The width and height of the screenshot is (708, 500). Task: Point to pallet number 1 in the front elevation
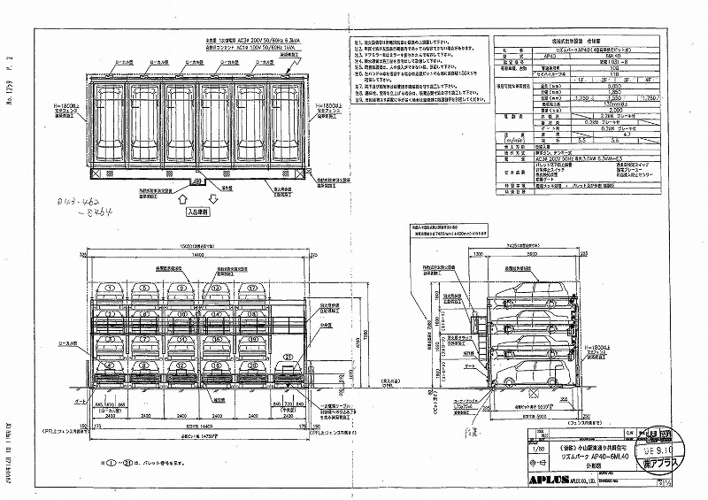tap(108, 288)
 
